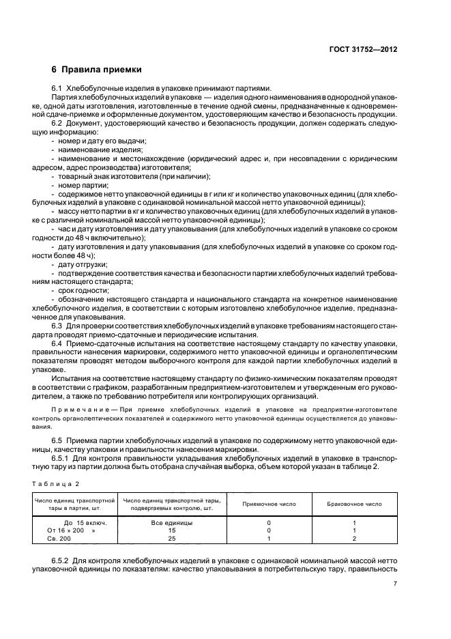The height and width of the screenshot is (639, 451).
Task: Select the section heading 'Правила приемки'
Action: (x=101, y=70)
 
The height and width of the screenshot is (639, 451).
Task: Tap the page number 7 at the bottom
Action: (x=395, y=584)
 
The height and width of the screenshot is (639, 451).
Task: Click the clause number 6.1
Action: (x=57, y=88)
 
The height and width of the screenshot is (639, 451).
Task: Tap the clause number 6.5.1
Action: (x=61, y=458)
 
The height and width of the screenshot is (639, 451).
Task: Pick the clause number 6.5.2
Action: (x=61, y=559)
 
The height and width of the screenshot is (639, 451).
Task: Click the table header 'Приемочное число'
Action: (x=269, y=504)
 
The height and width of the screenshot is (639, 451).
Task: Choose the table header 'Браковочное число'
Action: (x=354, y=504)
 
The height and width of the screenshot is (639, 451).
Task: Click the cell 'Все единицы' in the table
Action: (x=173, y=522)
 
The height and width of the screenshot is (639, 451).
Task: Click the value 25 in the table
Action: (x=173, y=538)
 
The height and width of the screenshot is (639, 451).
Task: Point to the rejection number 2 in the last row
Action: (x=354, y=538)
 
